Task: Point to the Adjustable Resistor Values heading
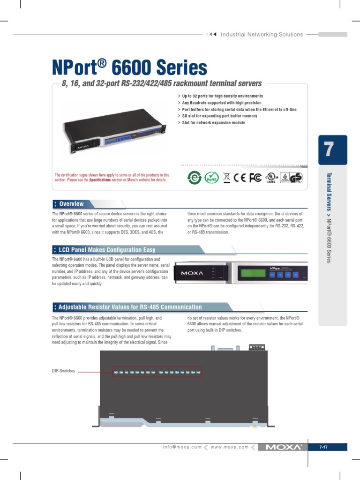coord(130,307)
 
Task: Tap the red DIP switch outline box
coord(157,372)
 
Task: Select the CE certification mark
coord(240,178)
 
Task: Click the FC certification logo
coord(255,178)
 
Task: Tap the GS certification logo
coord(297,178)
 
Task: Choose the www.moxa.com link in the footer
coord(230,447)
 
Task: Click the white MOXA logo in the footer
coord(283,447)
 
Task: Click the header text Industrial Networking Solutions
coord(262,34)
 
